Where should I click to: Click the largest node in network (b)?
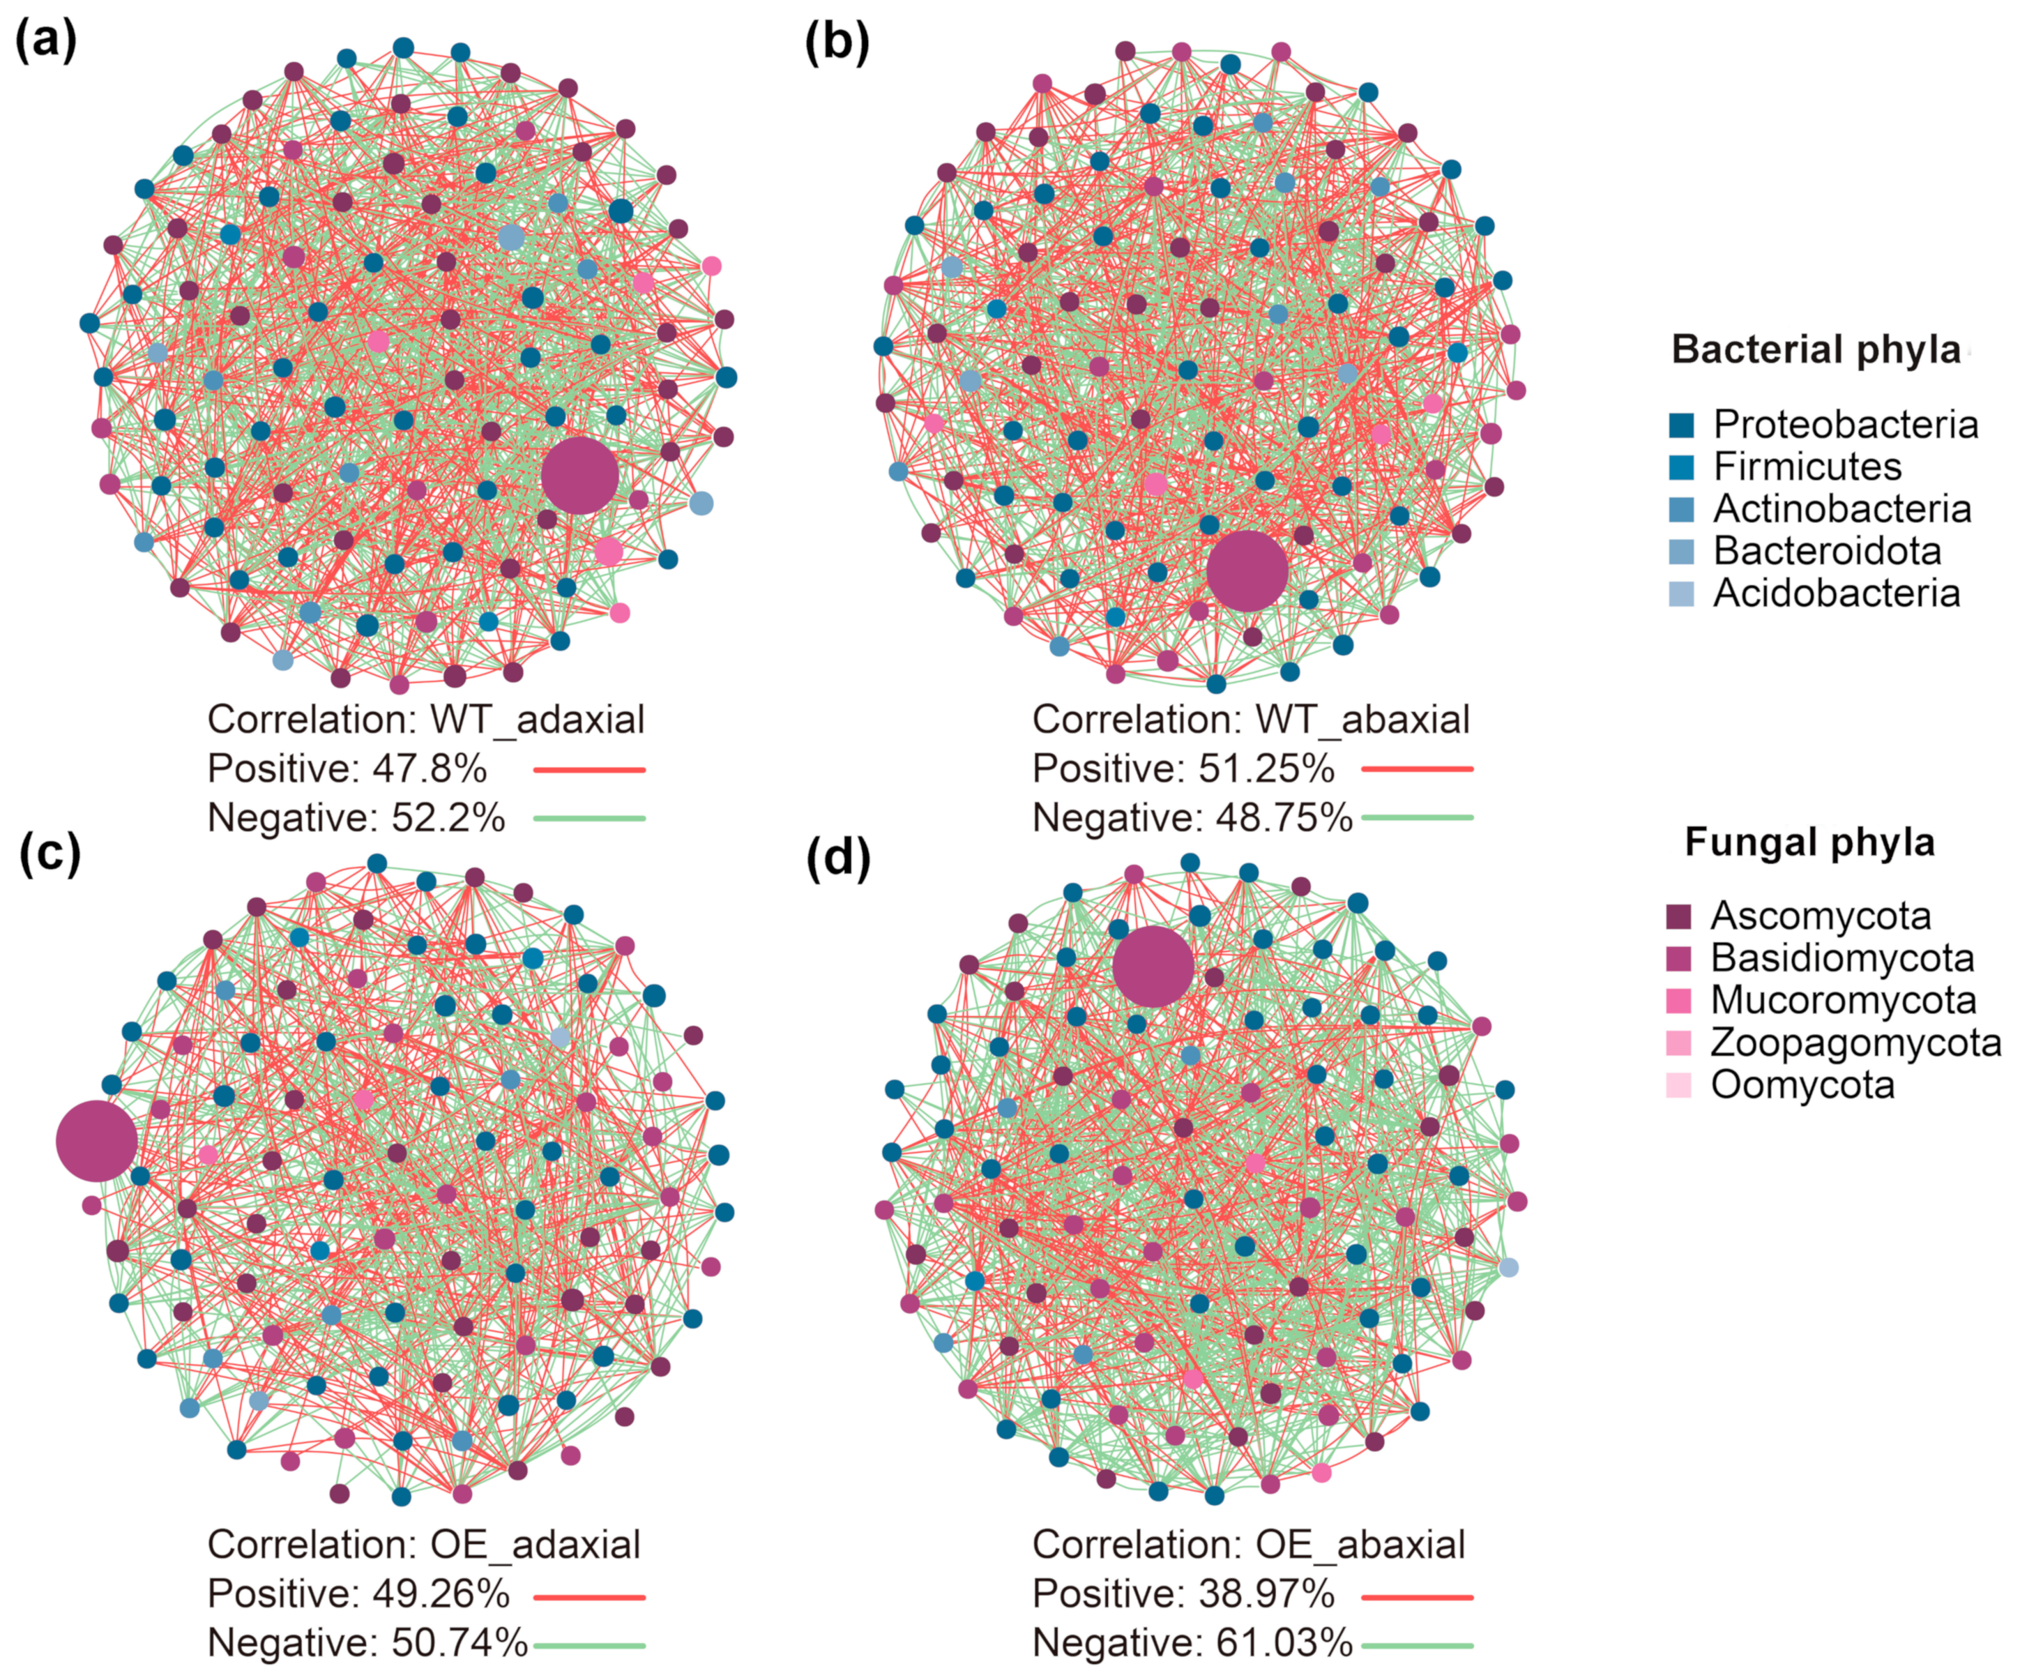pyautogui.click(x=1247, y=570)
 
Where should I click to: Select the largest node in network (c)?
pyautogui.click(x=96, y=1141)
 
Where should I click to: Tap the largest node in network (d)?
pyautogui.click(x=1153, y=967)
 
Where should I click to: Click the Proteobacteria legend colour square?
pyautogui.click(x=1681, y=425)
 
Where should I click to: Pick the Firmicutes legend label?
pyautogui.click(x=1807, y=467)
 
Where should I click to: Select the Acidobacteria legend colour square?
pyautogui.click(x=1681, y=593)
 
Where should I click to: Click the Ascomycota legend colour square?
pyautogui.click(x=1678, y=916)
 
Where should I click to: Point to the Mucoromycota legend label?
pyautogui.click(x=1843, y=1001)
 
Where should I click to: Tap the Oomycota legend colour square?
pyautogui.click(x=1678, y=1085)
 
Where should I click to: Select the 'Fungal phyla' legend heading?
pyautogui.click(x=1809, y=842)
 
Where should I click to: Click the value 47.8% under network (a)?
pyautogui.click(x=439, y=769)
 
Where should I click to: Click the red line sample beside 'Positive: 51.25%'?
pyautogui.click(x=1417, y=769)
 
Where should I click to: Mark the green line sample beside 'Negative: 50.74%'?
pyautogui.click(x=588, y=1645)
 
